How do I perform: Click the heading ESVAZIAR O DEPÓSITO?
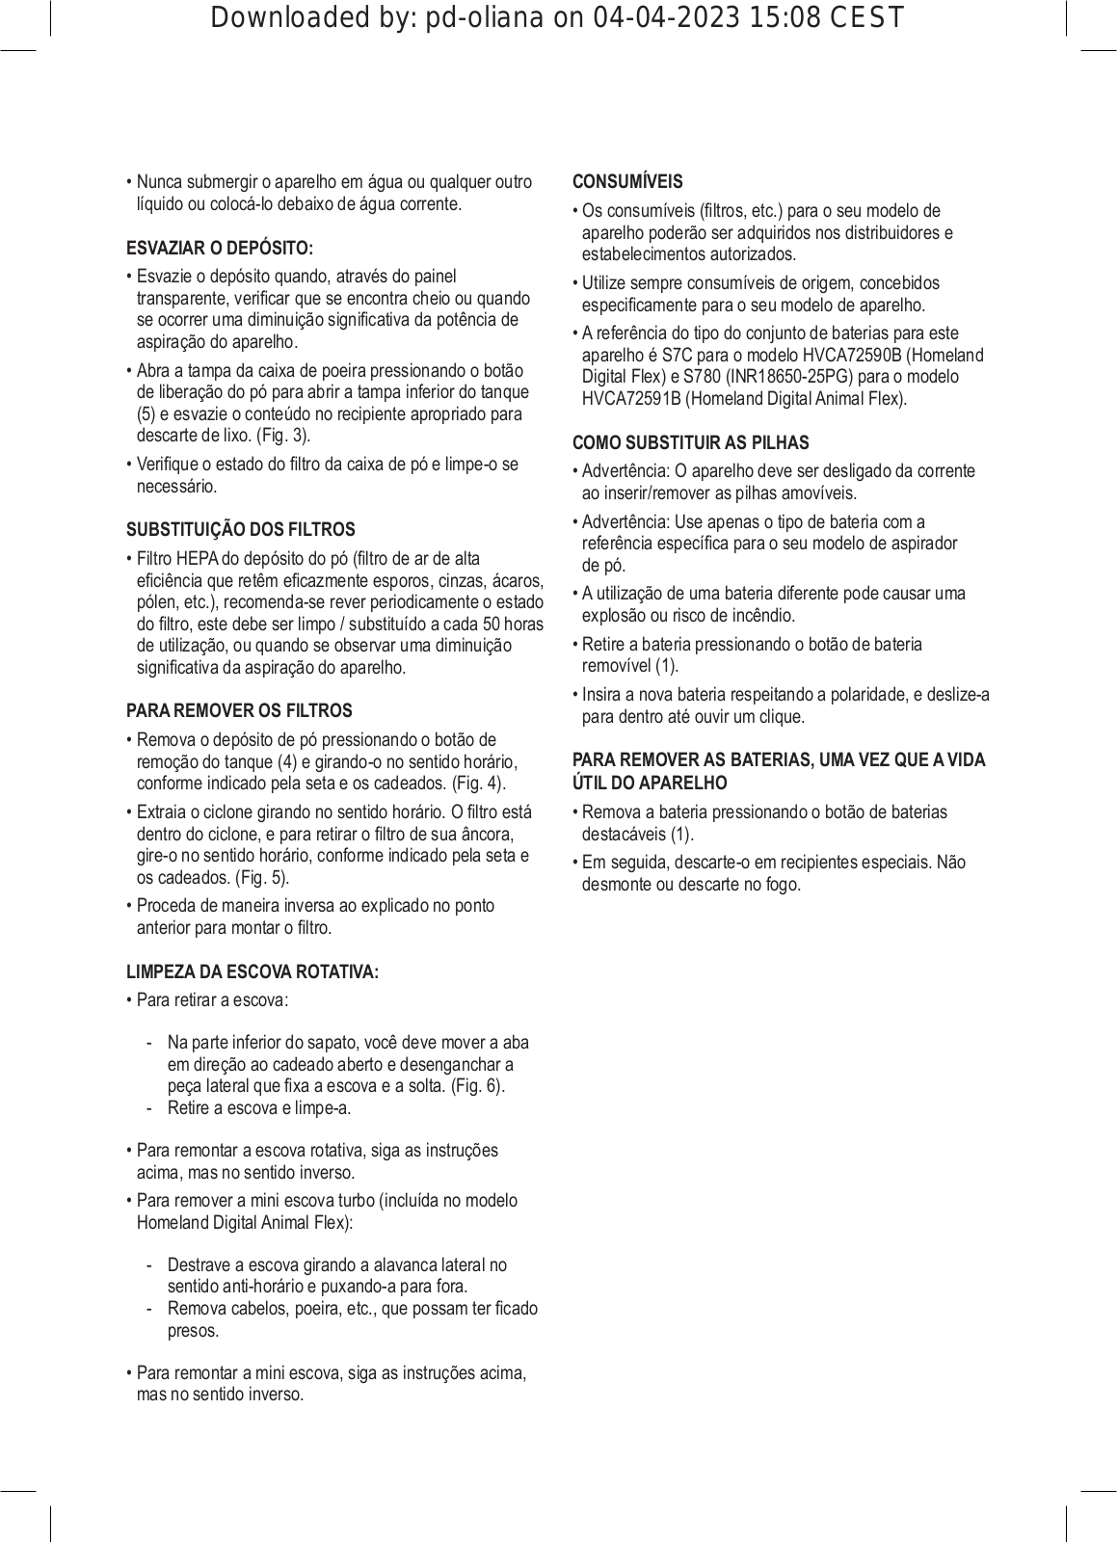pos(220,248)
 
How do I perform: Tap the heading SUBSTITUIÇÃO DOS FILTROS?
pos(241,529)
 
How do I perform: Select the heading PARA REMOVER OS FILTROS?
pos(239,710)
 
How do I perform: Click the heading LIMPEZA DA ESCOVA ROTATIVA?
pos(253,971)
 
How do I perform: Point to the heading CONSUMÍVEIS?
pos(627,181)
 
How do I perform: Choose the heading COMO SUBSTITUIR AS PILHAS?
pos(690,442)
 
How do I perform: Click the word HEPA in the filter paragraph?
pos(198,559)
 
